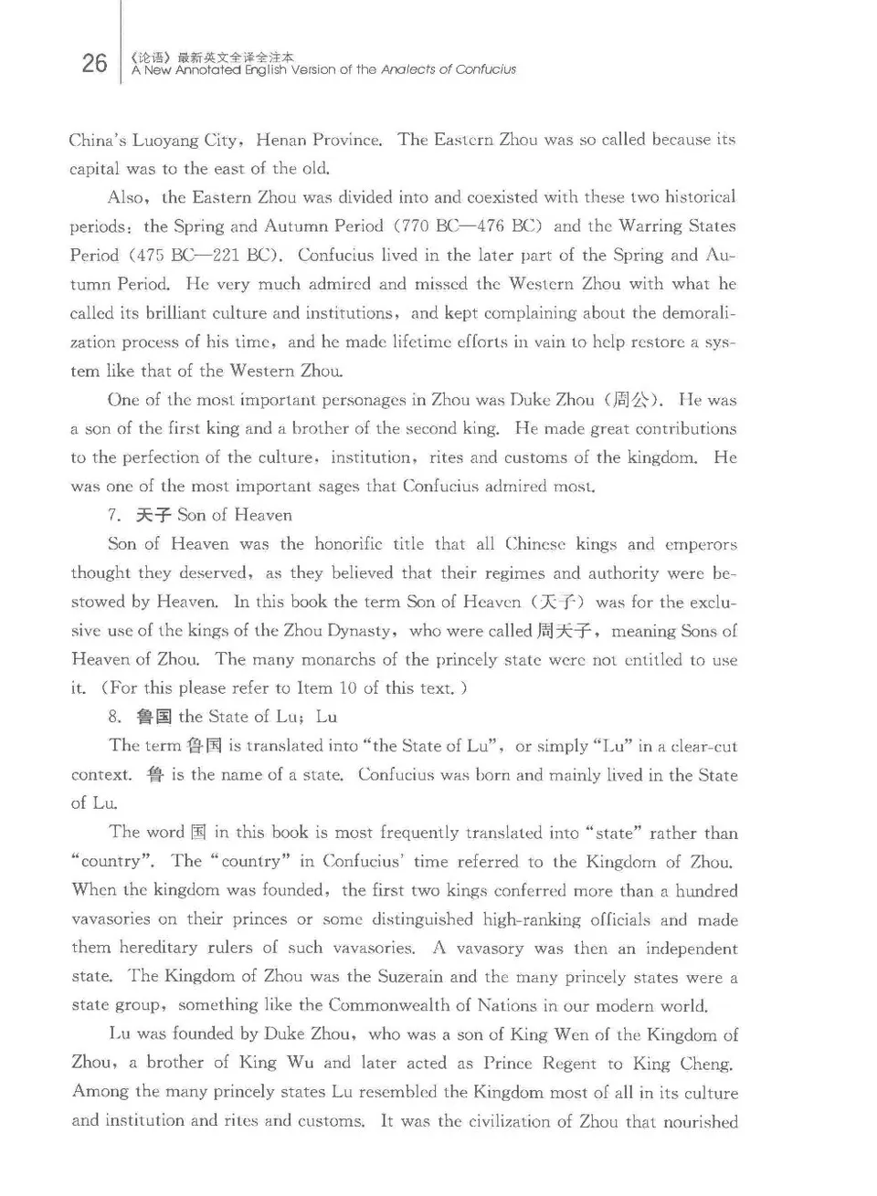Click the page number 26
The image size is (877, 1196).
tap(94, 63)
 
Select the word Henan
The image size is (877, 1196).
tap(281, 140)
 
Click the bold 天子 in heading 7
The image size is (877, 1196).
tap(153, 515)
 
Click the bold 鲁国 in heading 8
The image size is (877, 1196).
tap(153, 717)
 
